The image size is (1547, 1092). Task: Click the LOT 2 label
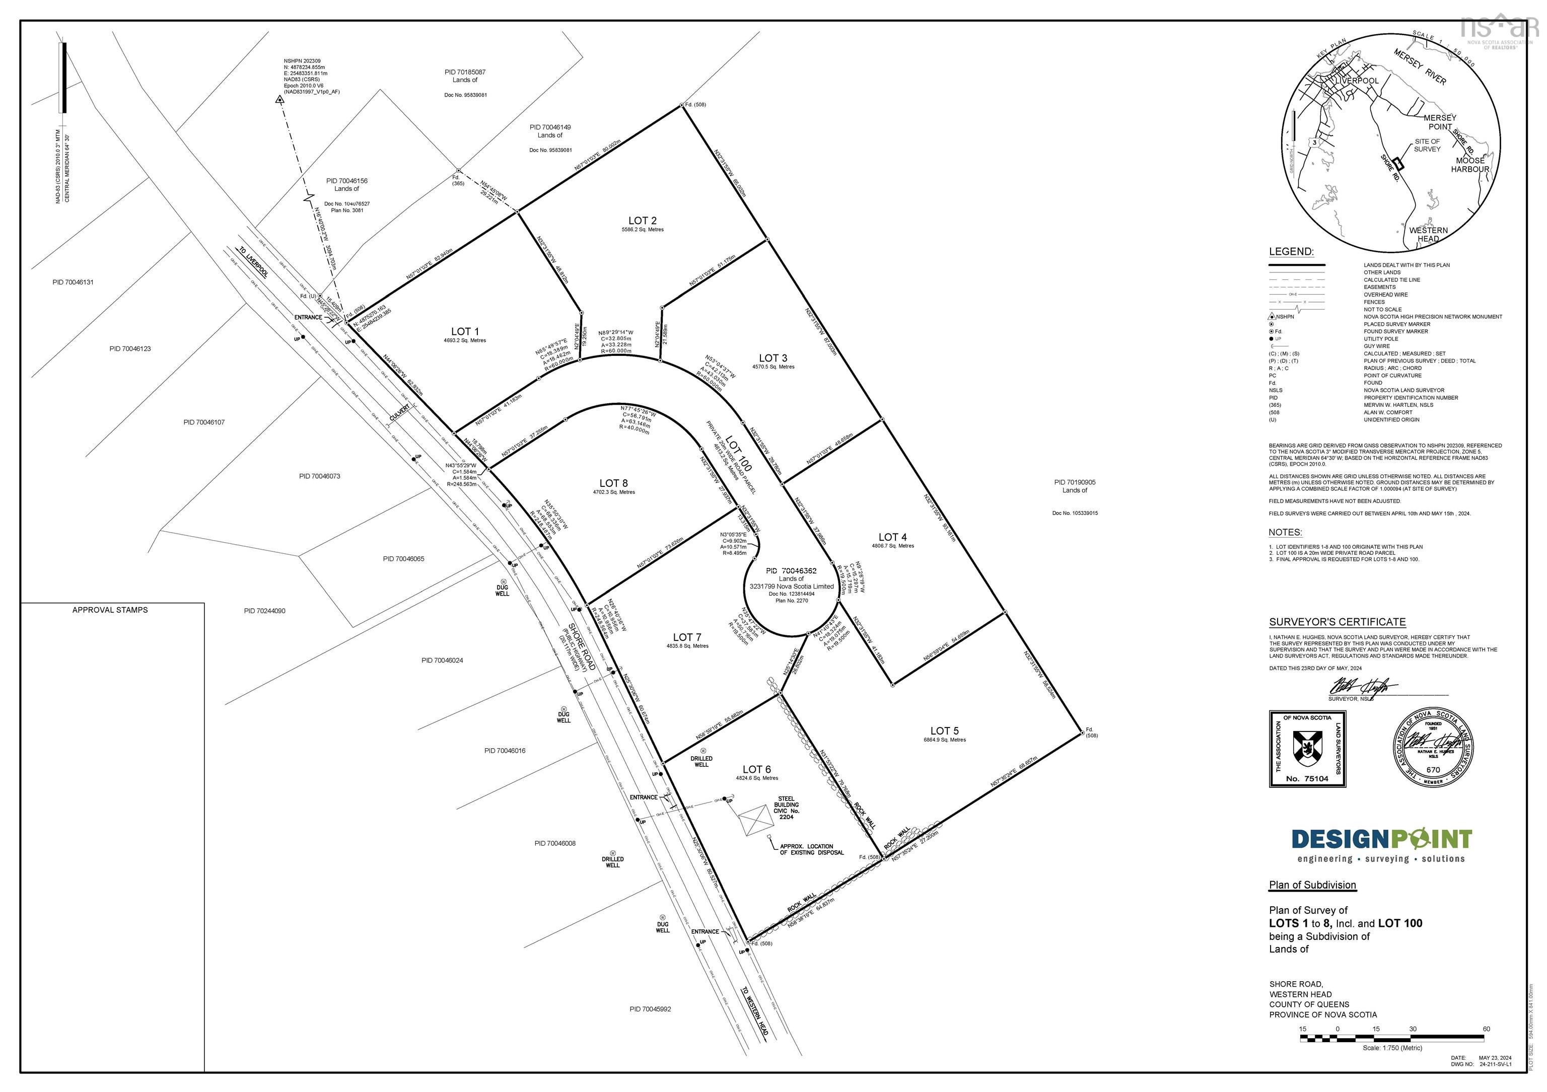pos(642,221)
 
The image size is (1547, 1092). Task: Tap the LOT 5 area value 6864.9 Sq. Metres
pos(945,740)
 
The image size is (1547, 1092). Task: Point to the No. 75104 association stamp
pos(1307,749)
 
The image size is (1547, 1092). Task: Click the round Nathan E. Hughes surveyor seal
pos(1433,747)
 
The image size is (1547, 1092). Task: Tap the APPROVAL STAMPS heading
pos(110,610)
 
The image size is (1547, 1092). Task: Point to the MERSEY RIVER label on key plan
pos(1420,67)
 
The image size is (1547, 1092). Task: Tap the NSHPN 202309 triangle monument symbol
pos(279,100)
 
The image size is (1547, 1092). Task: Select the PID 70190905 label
pos(1075,482)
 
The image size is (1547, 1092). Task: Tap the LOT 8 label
pos(613,483)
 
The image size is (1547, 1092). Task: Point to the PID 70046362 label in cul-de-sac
pos(791,570)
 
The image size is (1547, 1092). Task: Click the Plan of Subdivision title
pos(1312,885)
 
